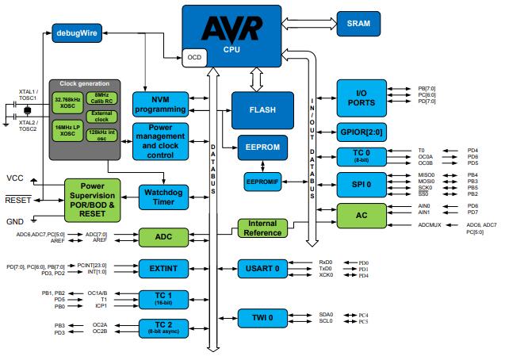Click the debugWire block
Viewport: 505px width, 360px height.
pos(77,33)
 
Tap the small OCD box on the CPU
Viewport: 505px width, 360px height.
pos(194,58)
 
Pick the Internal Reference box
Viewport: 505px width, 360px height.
pos(263,228)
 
